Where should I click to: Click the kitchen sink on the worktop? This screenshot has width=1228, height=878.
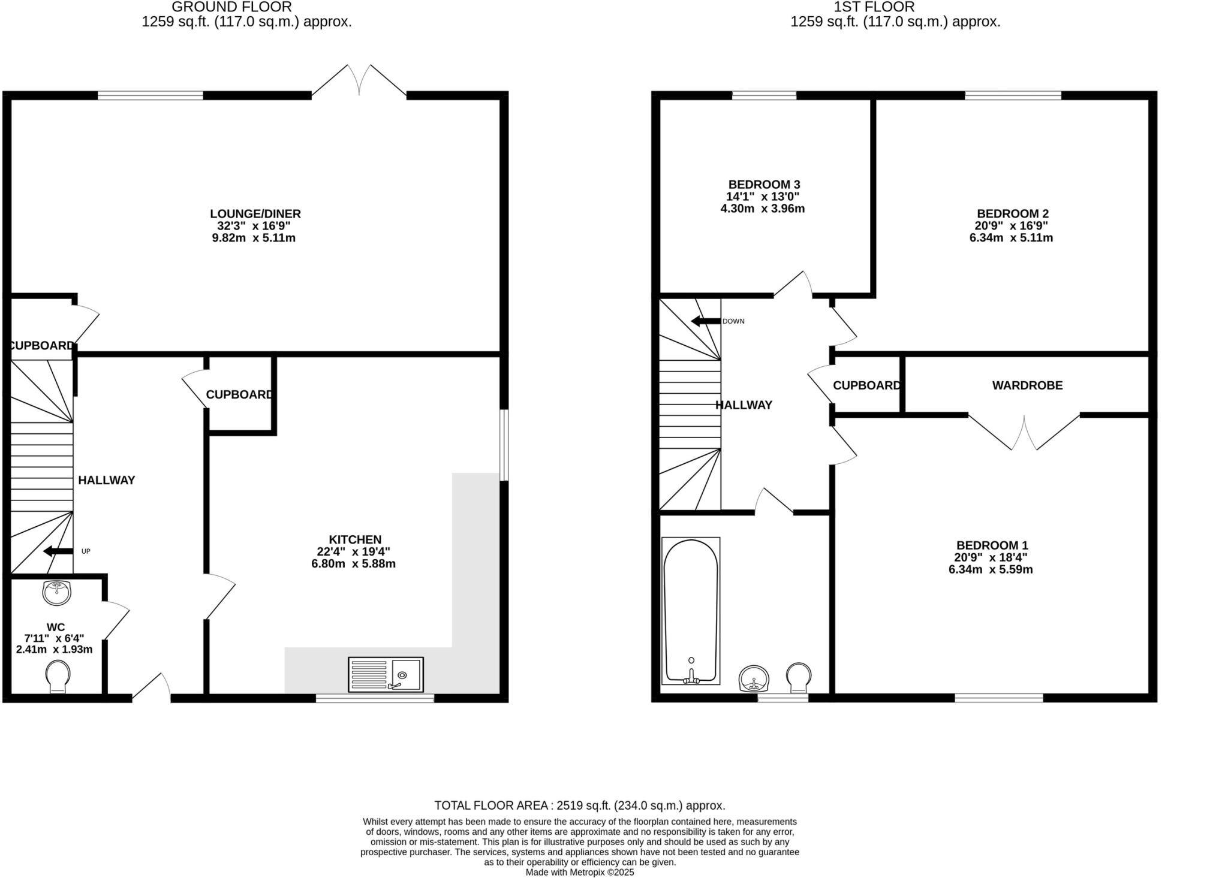(x=386, y=674)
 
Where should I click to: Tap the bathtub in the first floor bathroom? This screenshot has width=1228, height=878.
(x=691, y=610)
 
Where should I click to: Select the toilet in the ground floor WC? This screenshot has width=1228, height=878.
(x=58, y=677)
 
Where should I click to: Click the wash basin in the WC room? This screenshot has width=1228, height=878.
(x=57, y=592)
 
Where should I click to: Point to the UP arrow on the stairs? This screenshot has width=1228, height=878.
(x=58, y=551)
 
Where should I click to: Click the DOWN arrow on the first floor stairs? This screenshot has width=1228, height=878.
(x=706, y=321)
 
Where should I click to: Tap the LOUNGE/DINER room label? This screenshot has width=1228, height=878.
(x=255, y=213)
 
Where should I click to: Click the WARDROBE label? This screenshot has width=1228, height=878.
(x=1027, y=385)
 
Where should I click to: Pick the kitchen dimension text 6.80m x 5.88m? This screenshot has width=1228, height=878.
(x=353, y=564)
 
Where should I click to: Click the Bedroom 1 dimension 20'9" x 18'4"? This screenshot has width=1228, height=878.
(x=991, y=557)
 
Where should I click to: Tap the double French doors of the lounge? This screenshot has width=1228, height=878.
(x=359, y=81)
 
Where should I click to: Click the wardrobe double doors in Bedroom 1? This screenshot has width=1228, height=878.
(x=1024, y=433)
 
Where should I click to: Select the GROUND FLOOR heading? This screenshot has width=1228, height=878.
(x=231, y=7)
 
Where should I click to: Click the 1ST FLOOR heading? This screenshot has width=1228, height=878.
(x=874, y=7)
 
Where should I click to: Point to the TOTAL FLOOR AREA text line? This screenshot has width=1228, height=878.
(x=579, y=805)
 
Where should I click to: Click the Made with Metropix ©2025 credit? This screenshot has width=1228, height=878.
(x=579, y=873)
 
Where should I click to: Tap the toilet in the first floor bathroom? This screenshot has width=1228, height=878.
(x=798, y=675)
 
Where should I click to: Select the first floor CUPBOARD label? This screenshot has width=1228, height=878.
(x=866, y=385)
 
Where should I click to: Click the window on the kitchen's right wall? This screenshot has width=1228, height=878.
(x=504, y=445)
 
